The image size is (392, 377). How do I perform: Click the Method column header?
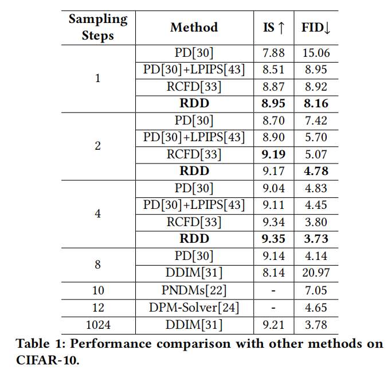(x=194, y=27)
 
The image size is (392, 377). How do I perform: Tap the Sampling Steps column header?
(x=97, y=27)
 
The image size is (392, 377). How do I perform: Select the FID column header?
(x=316, y=27)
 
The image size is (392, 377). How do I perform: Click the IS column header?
(x=272, y=27)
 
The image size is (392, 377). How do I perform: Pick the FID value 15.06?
(x=316, y=53)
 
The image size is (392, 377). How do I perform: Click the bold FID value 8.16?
(x=316, y=103)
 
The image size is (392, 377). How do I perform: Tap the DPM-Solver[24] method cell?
(x=194, y=308)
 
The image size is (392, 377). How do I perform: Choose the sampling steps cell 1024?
(x=97, y=325)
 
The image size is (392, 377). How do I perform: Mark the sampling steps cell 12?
(x=97, y=308)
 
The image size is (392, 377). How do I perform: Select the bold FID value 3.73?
(x=316, y=238)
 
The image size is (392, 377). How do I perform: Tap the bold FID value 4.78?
(x=316, y=170)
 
